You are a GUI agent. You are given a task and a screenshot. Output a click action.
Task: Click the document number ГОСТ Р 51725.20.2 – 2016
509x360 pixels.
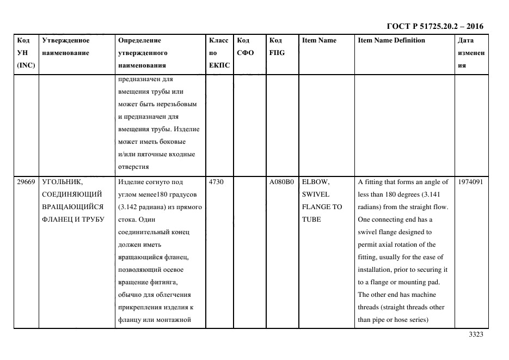tap(434, 26)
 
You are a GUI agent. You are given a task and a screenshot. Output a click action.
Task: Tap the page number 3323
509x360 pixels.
tap(476, 334)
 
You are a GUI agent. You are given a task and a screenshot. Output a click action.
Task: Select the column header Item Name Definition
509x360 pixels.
tap(391, 40)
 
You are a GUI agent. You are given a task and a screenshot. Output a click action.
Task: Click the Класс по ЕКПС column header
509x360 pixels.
tap(219, 53)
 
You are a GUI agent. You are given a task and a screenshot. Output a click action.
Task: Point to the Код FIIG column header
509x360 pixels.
tap(277, 46)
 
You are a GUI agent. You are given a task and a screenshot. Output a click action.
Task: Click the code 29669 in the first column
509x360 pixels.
tap(26, 182)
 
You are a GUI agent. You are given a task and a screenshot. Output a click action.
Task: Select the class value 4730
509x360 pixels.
tap(216, 182)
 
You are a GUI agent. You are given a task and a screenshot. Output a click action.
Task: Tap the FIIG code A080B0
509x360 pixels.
tap(281, 182)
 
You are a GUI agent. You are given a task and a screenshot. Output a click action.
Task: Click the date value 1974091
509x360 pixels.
tap(470, 182)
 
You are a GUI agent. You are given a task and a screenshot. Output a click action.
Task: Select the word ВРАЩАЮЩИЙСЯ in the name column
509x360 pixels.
tap(72, 207)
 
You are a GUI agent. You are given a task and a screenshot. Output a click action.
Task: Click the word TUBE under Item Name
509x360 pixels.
tap(312, 219)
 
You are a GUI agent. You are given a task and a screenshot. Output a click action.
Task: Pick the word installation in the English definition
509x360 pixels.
tap(379, 270)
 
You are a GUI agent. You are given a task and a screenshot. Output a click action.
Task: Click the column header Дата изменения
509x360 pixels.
tap(471, 53)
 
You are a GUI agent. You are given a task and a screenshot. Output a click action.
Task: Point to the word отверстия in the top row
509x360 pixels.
tap(133, 167)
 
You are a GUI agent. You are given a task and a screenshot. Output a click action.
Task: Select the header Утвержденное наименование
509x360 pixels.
tap(66, 46)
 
